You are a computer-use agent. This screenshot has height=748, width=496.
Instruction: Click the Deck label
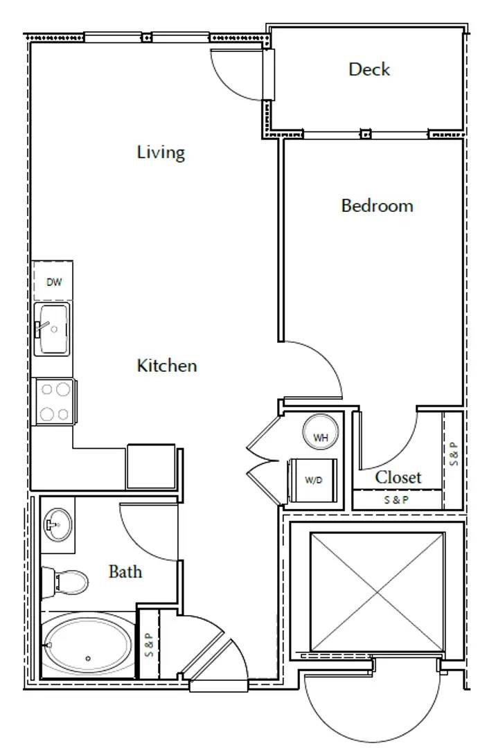tap(369, 69)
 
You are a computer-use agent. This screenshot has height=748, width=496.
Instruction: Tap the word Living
tap(161, 152)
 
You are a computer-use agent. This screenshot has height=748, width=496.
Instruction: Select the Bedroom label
tap(377, 206)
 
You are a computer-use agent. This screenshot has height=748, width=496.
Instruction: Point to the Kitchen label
tap(166, 365)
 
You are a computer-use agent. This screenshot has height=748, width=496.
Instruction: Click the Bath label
tap(125, 571)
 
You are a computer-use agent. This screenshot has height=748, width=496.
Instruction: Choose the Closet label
tap(398, 477)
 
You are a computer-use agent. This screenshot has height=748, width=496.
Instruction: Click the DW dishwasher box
tap(53, 282)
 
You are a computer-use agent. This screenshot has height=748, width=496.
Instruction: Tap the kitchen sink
tap(53, 328)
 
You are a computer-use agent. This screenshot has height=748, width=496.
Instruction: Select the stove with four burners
tap(55, 402)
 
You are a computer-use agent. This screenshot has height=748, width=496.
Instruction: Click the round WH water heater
tap(320, 436)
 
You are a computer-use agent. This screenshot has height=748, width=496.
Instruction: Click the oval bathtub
tap(87, 645)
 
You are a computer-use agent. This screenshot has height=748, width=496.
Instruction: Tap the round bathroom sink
tap(57, 524)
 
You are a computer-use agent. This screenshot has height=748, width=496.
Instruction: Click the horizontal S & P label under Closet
tap(396, 499)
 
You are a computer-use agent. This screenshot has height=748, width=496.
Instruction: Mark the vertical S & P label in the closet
tap(453, 453)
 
